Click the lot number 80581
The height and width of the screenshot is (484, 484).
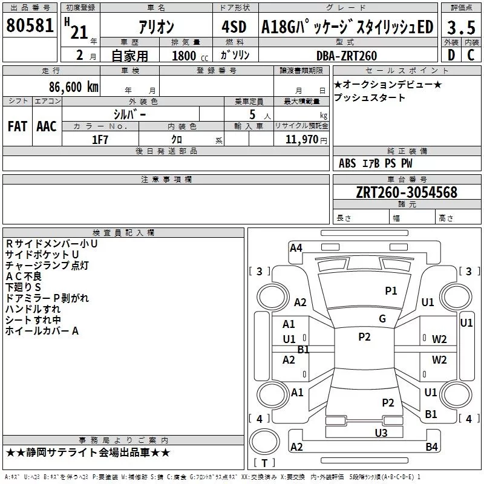tap(30, 25)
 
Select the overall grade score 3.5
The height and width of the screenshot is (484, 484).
tap(461, 27)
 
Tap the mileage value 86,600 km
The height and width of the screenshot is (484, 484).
tap(74, 87)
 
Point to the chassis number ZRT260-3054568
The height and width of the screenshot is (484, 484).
tap(407, 192)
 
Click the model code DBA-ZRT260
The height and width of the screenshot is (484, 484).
tap(347, 56)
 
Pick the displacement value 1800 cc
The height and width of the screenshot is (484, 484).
tap(190, 56)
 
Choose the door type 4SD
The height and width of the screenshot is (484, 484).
tap(234, 27)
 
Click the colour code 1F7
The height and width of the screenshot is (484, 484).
tap(100, 140)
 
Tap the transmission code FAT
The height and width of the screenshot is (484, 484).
tap(18, 126)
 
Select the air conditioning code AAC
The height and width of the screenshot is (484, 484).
tap(47, 126)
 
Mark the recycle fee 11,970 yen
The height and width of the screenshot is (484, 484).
tap(306, 140)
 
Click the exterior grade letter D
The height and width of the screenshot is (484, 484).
tap(451, 55)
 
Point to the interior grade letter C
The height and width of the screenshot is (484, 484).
tap(471, 55)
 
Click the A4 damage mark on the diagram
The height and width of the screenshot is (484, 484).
tap(296, 248)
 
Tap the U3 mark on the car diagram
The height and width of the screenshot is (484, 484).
tap(381, 433)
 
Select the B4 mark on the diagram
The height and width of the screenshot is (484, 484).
tap(431, 446)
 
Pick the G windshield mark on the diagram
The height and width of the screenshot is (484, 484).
tap(382, 319)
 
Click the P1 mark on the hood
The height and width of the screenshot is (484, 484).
tap(391, 290)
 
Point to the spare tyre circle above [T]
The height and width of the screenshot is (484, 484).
tap(264, 442)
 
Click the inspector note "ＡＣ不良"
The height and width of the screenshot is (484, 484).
tap(24, 276)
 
